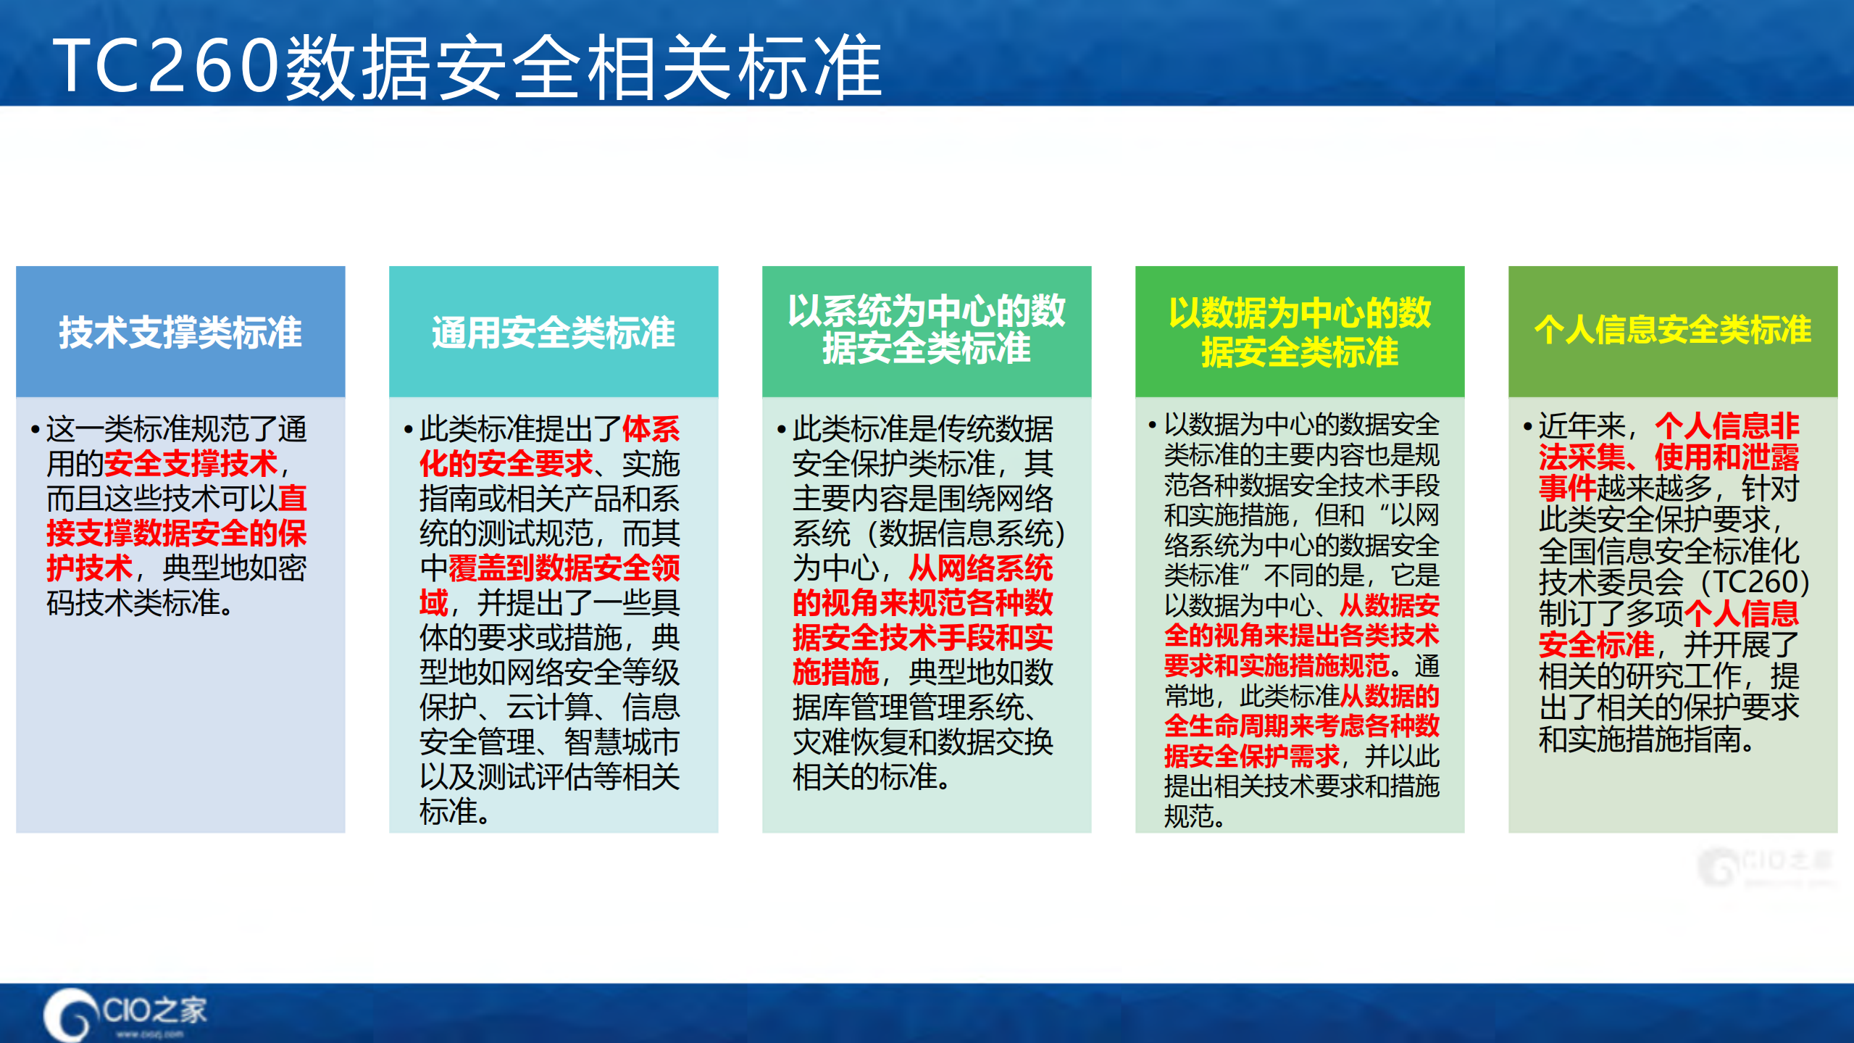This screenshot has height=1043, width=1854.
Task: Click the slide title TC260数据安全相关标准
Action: pyautogui.click(x=467, y=67)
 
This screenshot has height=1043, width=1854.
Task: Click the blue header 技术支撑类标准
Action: pyautogui.click(x=180, y=333)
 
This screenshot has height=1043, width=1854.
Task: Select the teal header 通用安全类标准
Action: pyautogui.click(x=554, y=333)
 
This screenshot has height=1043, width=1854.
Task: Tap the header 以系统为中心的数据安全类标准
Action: pyautogui.click(x=926, y=330)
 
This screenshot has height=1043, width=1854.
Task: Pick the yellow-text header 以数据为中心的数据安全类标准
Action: pyautogui.click(x=1300, y=333)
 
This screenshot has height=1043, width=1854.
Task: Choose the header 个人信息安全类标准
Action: pyautogui.click(x=1672, y=330)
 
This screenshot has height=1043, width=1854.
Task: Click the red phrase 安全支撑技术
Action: pyautogui.click(x=191, y=464)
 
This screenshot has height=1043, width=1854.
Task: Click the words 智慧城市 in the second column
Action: pyautogui.click(x=622, y=742)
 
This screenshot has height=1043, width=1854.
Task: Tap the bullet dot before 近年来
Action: pyautogui.click(x=1527, y=426)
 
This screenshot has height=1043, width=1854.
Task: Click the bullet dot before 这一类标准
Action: pyautogui.click(x=35, y=429)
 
